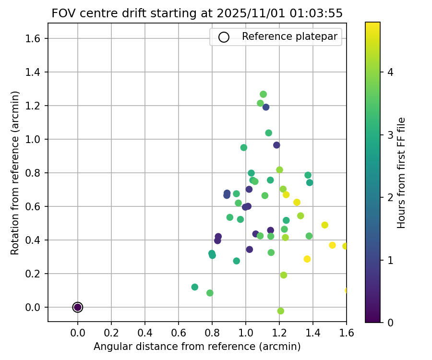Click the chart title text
pyautogui.click(x=197, y=13)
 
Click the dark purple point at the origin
pyautogui.click(x=78, y=307)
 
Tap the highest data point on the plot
pyautogui.click(x=263, y=95)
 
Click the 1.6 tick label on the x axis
pyautogui.click(x=347, y=333)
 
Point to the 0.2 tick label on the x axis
pyautogui.click(x=111, y=333)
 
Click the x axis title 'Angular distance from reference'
pyautogui.click(x=197, y=347)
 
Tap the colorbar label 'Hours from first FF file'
pyautogui.click(x=402, y=173)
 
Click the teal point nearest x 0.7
pyautogui.click(x=195, y=287)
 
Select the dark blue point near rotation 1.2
pyautogui.click(x=266, y=107)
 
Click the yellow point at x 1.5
pyautogui.click(x=332, y=245)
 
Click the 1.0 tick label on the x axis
pyautogui.click(x=246, y=333)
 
